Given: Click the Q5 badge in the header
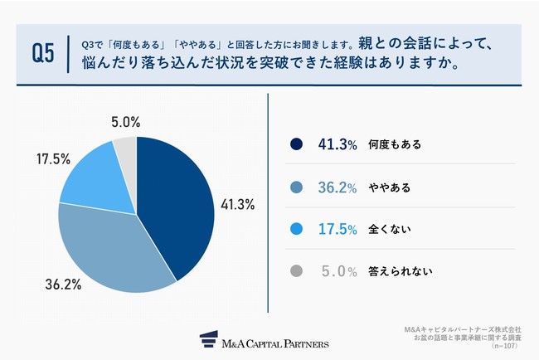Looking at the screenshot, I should [42, 53].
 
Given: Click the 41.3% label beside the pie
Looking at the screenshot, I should [239, 204].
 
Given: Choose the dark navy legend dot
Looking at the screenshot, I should [296, 144].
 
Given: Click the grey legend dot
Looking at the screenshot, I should [296, 270].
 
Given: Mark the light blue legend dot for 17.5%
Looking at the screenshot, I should [296, 228].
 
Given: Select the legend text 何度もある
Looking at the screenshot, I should [395, 144].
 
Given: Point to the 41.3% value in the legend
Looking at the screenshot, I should [336, 144].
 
